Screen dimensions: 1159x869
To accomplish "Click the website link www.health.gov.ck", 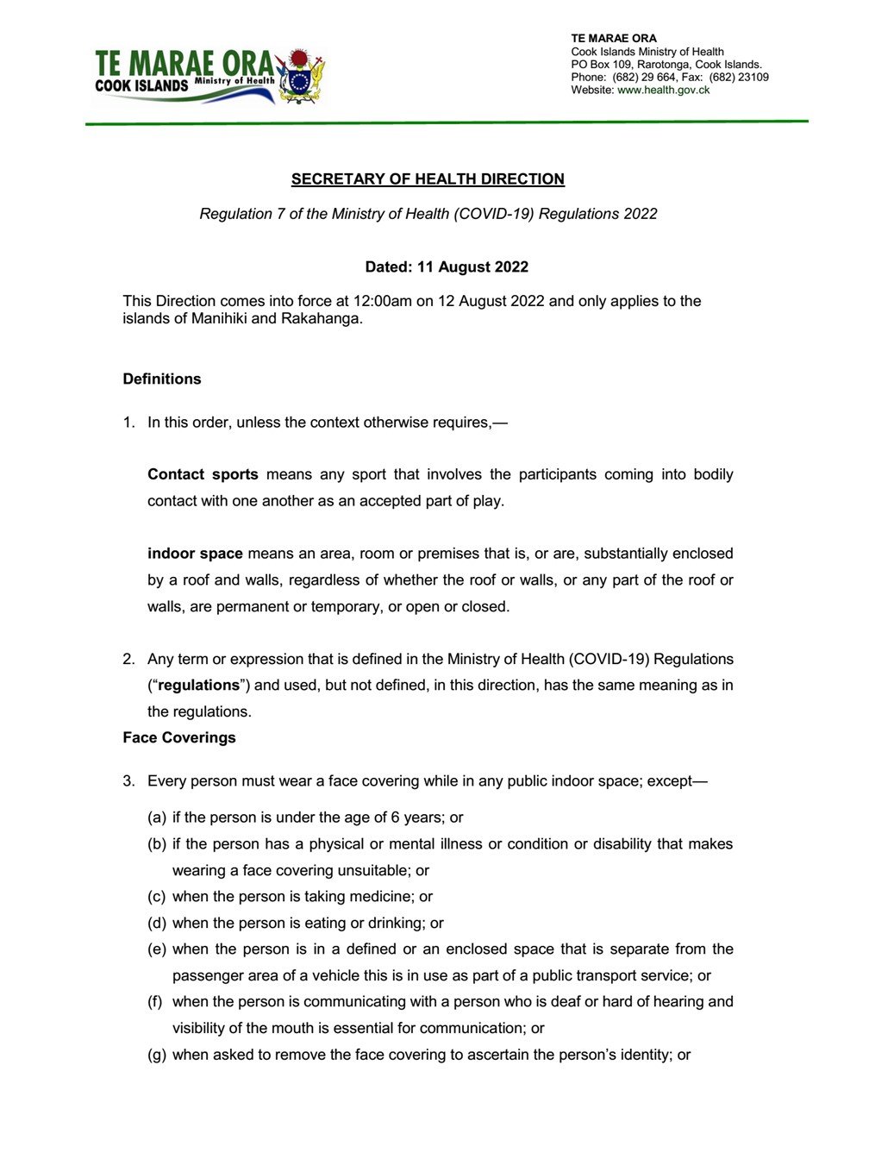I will (x=663, y=90).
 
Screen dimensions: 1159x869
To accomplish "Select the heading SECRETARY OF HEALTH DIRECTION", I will (x=428, y=179).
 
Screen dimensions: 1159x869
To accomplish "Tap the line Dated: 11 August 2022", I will (x=447, y=266).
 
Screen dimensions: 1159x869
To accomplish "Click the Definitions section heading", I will (x=162, y=379).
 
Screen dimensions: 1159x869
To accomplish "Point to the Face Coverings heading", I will (x=179, y=737).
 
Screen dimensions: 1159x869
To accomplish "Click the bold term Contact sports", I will (x=203, y=474).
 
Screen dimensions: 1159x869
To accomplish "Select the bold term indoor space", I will (x=195, y=554).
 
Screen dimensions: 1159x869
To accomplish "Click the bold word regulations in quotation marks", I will (x=198, y=686).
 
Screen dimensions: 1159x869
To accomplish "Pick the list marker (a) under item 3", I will (x=157, y=818).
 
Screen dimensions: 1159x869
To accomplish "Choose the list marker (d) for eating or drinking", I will (x=157, y=924).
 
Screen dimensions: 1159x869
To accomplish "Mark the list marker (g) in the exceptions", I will (x=157, y=1055).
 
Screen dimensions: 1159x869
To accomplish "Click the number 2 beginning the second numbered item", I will (x=128, y=659).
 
